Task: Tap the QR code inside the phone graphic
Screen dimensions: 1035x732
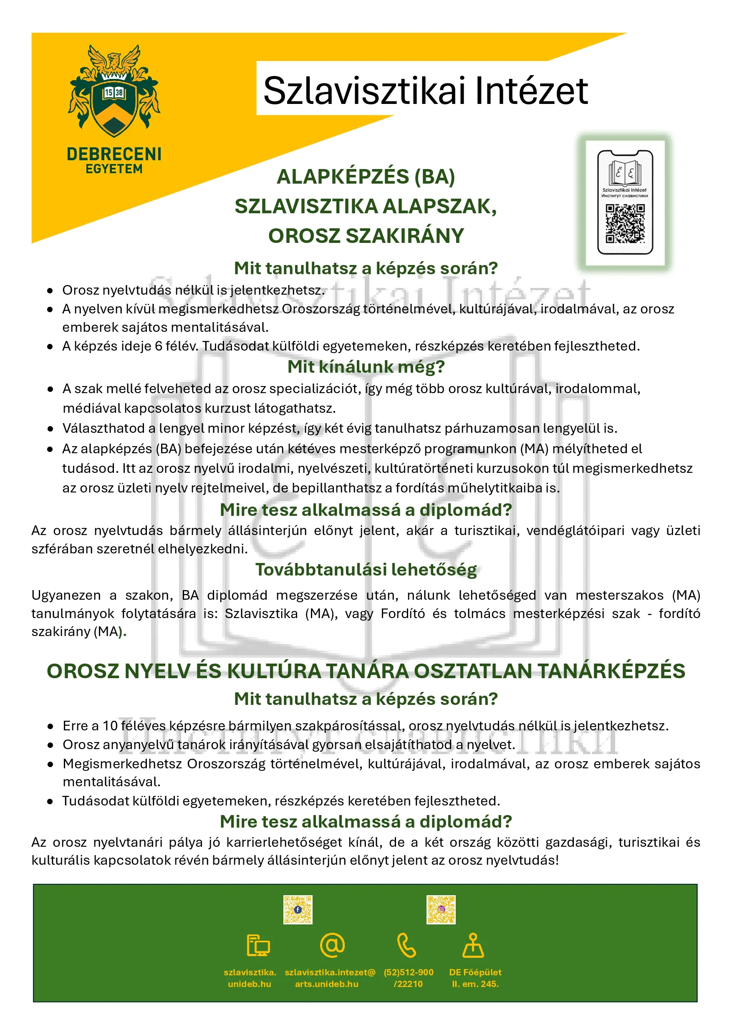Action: coord(625,224)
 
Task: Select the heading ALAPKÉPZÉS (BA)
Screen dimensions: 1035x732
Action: coord(366,176)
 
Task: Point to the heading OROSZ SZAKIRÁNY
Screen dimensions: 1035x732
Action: coord(366,236)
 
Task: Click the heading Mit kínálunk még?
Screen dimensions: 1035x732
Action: coord(366,366)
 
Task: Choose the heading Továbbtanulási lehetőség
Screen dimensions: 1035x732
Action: coord(366,569)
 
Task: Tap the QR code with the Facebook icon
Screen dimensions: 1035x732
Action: coord(298,910)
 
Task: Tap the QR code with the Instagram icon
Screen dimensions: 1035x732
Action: coord(441,910)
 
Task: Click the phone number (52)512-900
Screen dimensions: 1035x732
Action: coord(409,972)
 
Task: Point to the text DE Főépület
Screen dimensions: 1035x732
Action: coord(475,972)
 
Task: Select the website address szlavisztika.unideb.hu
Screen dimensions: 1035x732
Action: coord(250,978)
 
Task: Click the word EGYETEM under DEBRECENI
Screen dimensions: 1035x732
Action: coord(114,169)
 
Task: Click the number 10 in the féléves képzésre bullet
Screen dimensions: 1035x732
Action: coord(110,726)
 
